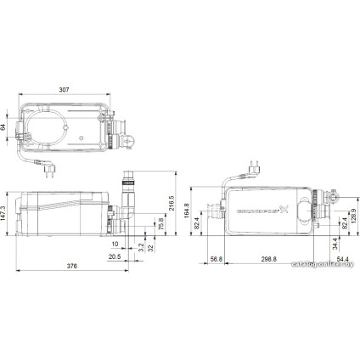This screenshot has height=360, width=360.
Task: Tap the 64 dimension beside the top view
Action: click(4, 127)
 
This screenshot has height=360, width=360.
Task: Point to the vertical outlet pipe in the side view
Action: click(130, 200)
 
